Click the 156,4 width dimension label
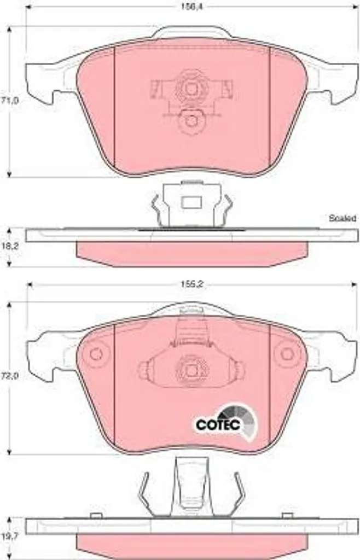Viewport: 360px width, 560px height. (191, 7)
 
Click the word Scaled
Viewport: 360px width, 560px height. (342, 218)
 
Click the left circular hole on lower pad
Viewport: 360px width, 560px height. (95, 354)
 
